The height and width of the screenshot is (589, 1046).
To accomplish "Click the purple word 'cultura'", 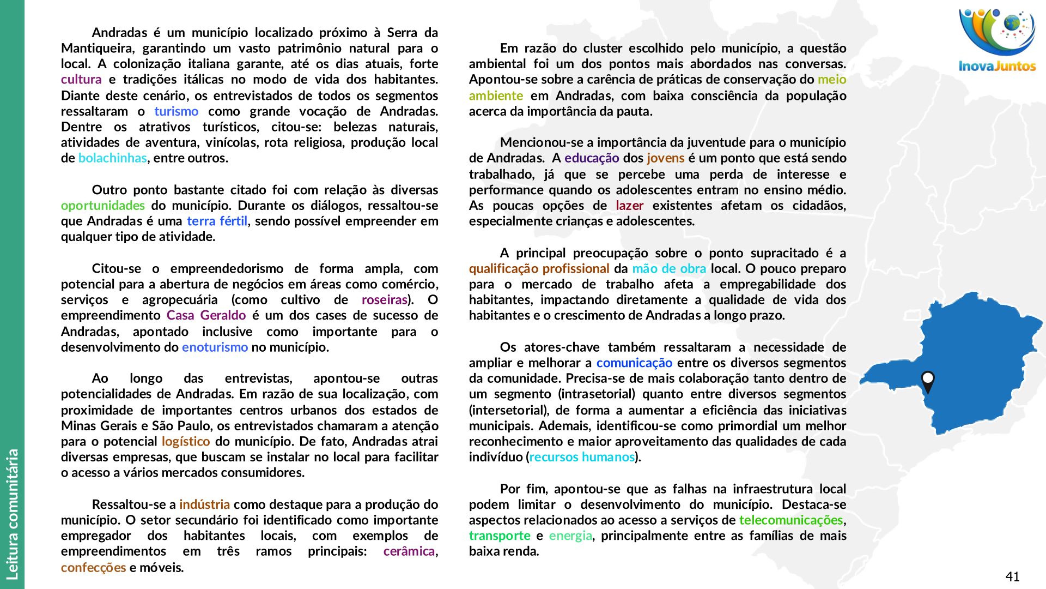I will coord(81,80).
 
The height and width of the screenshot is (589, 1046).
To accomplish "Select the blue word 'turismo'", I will coord(176,111).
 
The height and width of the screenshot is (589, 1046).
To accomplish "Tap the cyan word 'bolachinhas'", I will coord(112,158).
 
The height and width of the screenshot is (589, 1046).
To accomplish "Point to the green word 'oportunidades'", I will coord(102,206).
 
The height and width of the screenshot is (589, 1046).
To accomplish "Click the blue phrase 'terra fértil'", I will coord(217,221).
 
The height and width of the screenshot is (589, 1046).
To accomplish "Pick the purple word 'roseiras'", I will coord(385,300).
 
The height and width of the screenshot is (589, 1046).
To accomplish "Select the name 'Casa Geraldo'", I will coord(206,316).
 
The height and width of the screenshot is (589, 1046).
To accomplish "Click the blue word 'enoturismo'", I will coord(215,347).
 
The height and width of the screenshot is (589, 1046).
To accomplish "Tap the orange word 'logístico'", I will coord(185,442).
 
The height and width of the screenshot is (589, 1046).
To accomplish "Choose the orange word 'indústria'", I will coord(204,504).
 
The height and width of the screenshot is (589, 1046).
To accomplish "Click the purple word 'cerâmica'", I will coord(409,551).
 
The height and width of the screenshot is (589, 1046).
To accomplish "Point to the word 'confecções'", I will coord(93,568).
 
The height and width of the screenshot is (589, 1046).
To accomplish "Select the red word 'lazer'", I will coord(629,206).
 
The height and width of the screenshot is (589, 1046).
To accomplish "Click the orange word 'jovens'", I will coord(665,158).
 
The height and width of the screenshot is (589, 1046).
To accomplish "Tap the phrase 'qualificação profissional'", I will coord(539,269).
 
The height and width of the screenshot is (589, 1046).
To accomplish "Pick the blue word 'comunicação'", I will coord(634,363).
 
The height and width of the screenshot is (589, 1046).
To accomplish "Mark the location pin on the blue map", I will coord(927,381).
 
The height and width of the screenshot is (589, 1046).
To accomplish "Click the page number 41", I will coord(1012,576).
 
